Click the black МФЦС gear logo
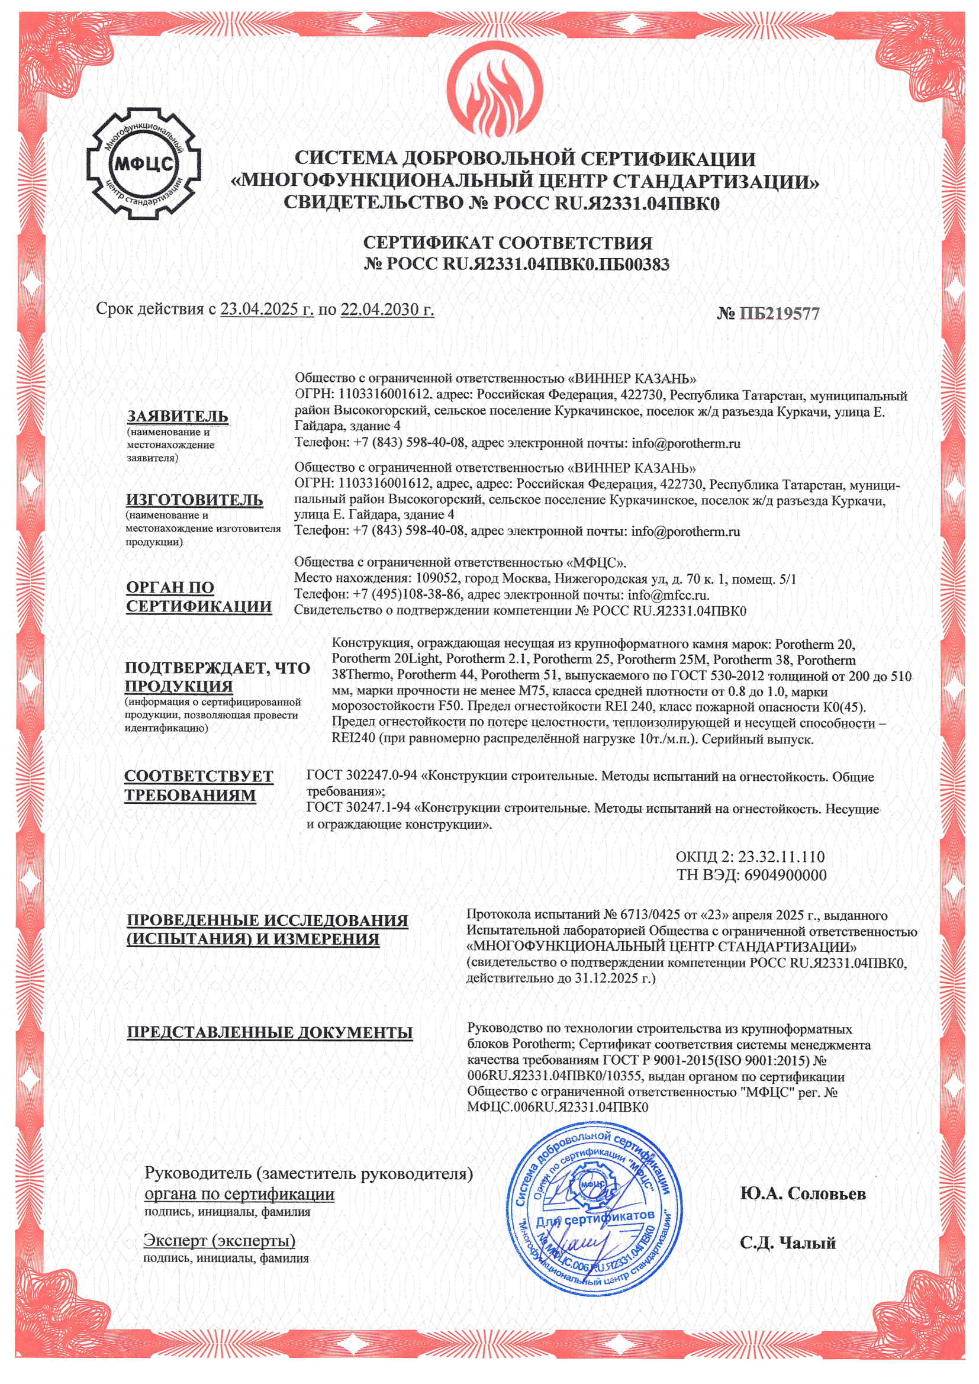pos(143,164)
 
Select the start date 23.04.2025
pos(266,310)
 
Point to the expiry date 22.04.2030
pos(387,310)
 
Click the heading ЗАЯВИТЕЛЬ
pos(177,417)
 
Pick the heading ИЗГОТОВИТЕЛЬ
pos(194,500)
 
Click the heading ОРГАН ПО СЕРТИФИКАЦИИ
pos(198,597)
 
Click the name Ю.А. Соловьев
pos(803,1193)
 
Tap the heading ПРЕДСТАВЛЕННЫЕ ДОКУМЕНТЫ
pos(269,1032)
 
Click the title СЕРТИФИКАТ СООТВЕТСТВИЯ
pos(508,243)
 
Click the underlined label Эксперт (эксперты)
pos(220,1241)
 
